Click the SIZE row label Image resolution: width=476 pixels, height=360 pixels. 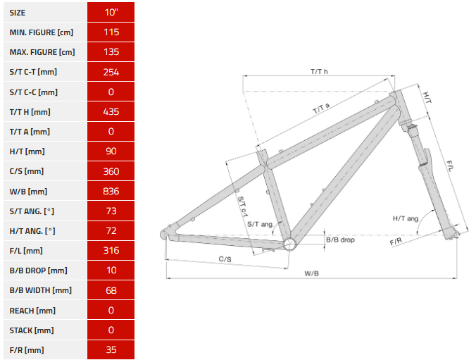18,13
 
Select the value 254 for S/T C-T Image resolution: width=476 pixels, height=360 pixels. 111,72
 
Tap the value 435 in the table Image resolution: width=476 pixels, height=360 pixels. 111,112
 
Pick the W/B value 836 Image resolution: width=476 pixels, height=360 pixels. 111,191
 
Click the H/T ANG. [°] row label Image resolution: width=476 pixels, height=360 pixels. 32,231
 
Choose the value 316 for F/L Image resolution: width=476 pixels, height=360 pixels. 111,250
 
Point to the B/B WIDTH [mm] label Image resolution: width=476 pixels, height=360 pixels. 40,290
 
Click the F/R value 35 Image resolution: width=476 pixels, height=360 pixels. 111,349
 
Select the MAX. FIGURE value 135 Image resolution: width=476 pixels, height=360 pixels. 111,52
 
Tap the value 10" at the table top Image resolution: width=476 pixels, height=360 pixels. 111,13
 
